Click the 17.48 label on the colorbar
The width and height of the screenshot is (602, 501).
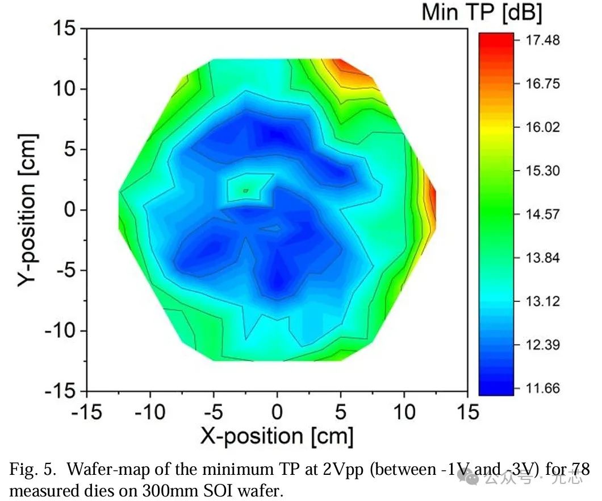543,40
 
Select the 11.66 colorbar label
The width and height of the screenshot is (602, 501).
543,389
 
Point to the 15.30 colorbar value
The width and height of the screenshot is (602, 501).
543,171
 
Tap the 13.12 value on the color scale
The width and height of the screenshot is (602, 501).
543,301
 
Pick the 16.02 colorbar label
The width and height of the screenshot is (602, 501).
543,127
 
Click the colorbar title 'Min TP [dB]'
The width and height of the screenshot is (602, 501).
482,13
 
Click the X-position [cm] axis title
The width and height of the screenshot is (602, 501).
277,437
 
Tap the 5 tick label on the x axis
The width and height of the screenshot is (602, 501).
341,412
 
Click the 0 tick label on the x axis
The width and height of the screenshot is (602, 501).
277,412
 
